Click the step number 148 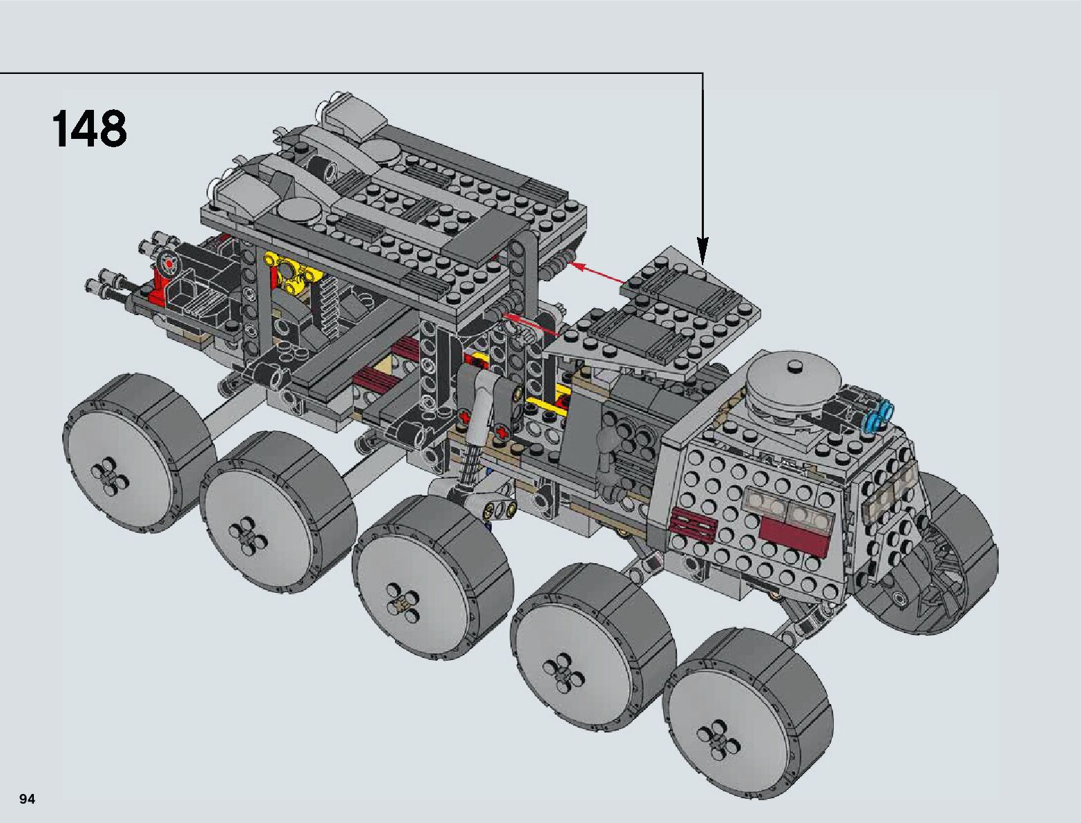pyautogui.click(x=89, y=129)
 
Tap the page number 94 pyautogui.click(x=27, y=799)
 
